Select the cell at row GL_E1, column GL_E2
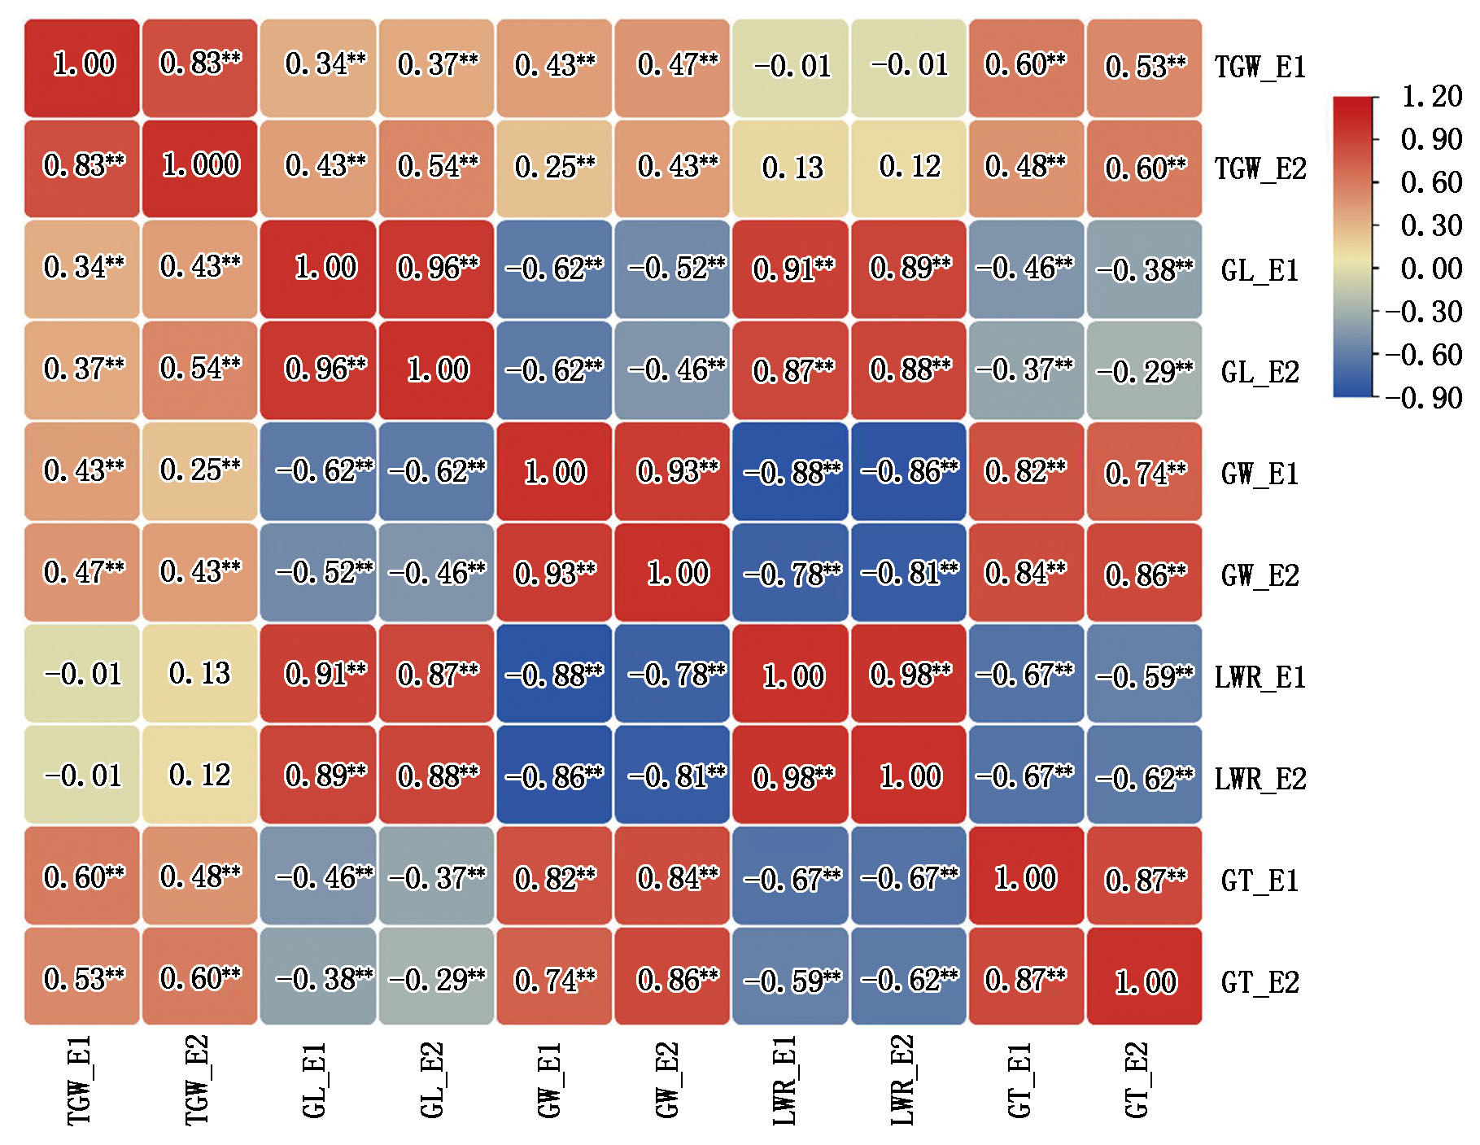click(x=437, y=269)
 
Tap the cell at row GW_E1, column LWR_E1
click(x=791, y=471)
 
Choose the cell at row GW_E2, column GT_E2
click(x=1144, y=573)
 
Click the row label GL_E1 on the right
click(x=1260, y=270)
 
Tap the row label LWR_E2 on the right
click(x=1260, y=779)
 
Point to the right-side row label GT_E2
click(x=1260, y=982)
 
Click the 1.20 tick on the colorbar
click(x=1431, y=96)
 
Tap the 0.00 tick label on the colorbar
click(x=1431, y=269)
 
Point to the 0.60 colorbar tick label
click(x=1431, y=182)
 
